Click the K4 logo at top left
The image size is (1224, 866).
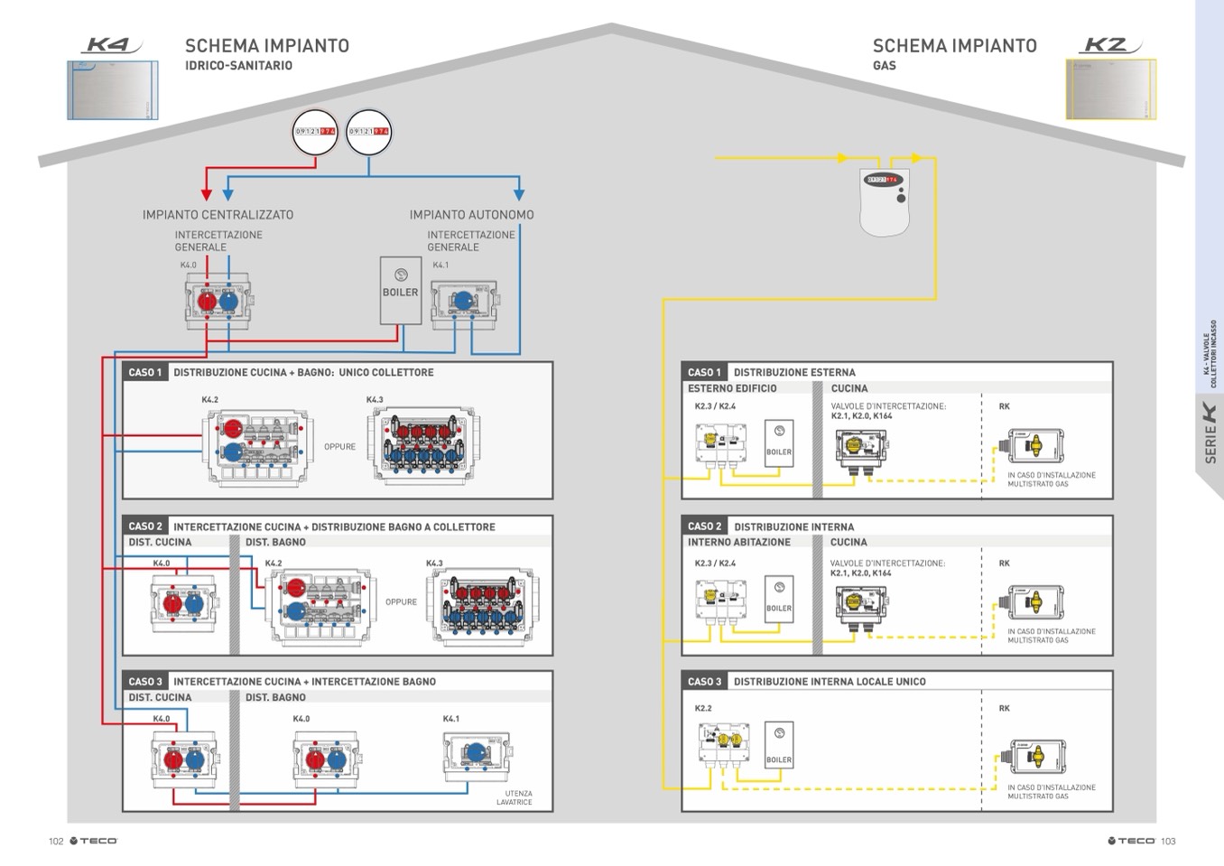click(109, 44)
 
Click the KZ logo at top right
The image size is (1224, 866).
click(1109, 44)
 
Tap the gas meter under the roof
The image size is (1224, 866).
click(884, 201)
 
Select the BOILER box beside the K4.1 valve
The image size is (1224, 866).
click(401, 291)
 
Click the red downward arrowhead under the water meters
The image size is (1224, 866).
click(207, 194)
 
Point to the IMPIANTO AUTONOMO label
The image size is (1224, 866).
click(471, 215)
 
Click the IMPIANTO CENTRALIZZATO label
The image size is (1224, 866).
click(218, 215)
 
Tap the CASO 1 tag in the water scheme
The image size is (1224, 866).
click(144, 372)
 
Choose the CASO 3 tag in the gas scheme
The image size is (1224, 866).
click(704, 682)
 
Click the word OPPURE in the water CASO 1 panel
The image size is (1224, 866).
click(339, 447)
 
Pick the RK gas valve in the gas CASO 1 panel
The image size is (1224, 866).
click(1034, 445)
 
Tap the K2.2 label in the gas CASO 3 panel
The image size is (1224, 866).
click(703, 709)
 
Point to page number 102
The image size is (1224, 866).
click(56, 842)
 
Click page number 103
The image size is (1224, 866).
click(1168, 842)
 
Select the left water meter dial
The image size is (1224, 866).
click(315, 132)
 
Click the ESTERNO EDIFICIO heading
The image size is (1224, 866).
click(732, 388)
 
